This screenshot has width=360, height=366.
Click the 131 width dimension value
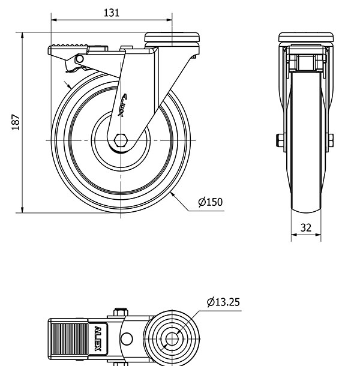click(x=112, y=13)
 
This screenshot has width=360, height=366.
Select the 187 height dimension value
click(x=16, y=122)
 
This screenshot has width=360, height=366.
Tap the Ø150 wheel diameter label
click(x=211, y=202)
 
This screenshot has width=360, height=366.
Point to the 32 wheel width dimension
click(x=306, y=227)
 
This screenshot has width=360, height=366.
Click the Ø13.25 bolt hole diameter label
click(x=223, y=302)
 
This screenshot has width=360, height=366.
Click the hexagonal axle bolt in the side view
click(x=121, y=140)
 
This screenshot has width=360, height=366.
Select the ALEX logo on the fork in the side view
click(x=122, y=105)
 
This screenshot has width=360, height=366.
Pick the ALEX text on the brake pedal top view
click(x=98, y=338)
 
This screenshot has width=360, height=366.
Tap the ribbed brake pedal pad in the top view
click(x=70, y=338)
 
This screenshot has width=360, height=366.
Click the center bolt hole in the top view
click(x=172, y=339)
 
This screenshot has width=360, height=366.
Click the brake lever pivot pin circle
click(x=80, y=59)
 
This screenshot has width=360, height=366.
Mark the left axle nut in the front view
click(x=280, y=140)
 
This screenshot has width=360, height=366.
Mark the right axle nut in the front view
click(x=331, y=140)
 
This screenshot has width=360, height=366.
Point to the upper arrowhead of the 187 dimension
click(x=22, y=35)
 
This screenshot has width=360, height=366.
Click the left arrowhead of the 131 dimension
click(x=54, y=20)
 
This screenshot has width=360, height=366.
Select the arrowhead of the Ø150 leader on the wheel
click(x=173, y=194)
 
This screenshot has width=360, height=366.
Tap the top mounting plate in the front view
click(x=306, y=37)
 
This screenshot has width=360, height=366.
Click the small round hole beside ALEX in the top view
click(x=127, y=339)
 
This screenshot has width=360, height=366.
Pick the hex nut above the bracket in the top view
click(x=121, y=312)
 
